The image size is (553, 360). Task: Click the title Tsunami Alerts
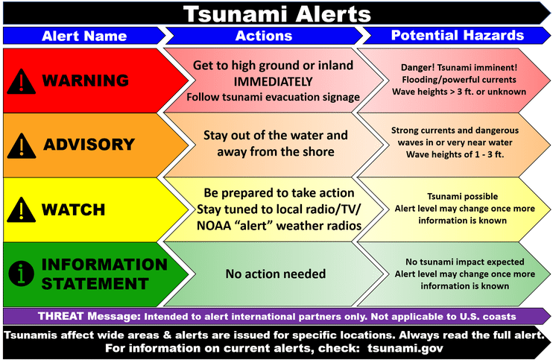pos(276,13)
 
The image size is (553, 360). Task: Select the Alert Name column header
pos(83,36)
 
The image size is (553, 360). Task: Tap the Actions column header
pos(264,36)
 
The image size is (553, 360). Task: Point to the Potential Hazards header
pos(457,35)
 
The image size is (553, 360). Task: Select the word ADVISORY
pos(89,145)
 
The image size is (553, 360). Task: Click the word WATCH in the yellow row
pos(72,210)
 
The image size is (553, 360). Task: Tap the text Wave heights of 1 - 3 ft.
pos(455,154)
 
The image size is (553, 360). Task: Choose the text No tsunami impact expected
pos(464,262)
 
